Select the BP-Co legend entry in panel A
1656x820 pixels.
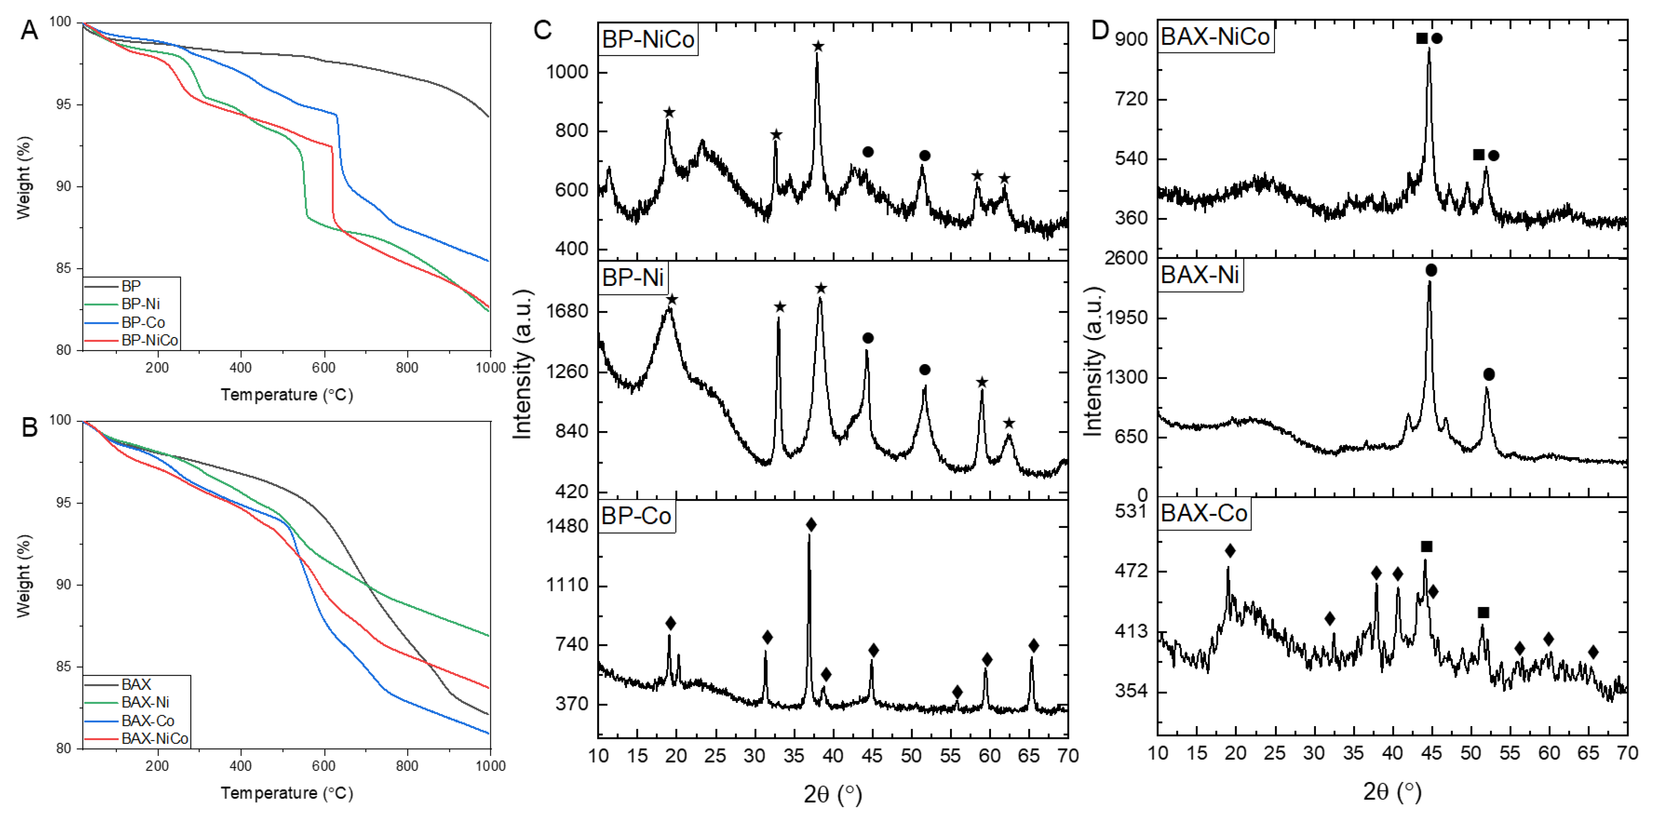pyautogui.click(x=143, y=322)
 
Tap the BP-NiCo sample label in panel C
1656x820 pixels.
pyautogui.click(x=648, y=40)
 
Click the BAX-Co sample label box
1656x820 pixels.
pyautogui.click(x=1204, y=513)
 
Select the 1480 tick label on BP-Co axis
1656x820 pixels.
pyautogui.click(x=567, y=526)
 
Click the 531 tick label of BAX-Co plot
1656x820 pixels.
pyautogui.click(x=1131, y=511)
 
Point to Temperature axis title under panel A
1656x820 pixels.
pyautogui.click(x=287, y=395)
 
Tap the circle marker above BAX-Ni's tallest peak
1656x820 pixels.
pyautogui.click(x=1431, y=270)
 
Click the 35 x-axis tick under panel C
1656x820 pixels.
pyautogui.click(x=794, y=756)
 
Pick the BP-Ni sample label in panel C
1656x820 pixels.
pyautogui.click(x=633, y=278)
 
